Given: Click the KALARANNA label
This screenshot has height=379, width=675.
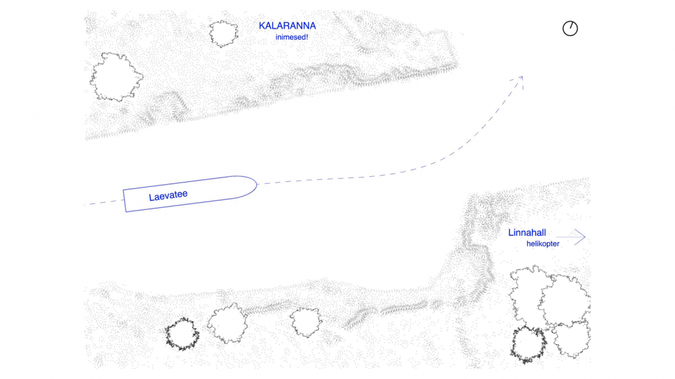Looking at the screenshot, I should [x=287, y=27].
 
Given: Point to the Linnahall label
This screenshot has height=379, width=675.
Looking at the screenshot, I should [x=527, y=233].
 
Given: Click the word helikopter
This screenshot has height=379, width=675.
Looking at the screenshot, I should [x=542, y=244].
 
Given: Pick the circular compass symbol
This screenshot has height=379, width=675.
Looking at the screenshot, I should [x=570, y=28].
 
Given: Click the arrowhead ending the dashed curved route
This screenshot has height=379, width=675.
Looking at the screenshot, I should [x=520, y=78].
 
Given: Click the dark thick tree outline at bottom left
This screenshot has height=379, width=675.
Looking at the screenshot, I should [x=182, y=335].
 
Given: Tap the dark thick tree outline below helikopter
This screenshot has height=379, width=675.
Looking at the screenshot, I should [x=529, y=345].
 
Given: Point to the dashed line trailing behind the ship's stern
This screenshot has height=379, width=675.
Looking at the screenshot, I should [x=104, y=202].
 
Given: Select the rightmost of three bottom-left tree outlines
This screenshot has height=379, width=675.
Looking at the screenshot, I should [x=306, y=322].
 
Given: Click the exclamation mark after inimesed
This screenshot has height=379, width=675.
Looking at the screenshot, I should [x=307, y=37].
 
